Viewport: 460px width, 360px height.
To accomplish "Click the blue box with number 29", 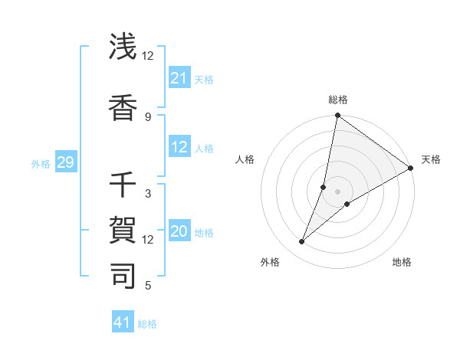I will (65, 162).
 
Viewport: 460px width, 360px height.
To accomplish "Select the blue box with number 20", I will (179, 232).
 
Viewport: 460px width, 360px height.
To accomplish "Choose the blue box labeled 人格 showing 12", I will (179, 148).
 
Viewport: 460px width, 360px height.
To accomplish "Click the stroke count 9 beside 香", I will (148, 116).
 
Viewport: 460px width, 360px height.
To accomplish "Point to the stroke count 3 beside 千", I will (148, 193).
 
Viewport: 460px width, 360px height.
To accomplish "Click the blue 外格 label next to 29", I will (41, 163).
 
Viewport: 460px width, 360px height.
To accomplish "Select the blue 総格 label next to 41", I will (147, 323).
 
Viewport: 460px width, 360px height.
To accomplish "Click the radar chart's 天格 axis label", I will (431, 159).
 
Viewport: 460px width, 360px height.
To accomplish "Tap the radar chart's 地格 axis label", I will (402, 262).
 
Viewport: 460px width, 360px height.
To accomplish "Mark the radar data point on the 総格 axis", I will (337, 116).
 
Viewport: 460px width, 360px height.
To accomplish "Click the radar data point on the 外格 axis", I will (302, 242).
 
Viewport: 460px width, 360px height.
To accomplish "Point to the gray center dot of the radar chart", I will (337, 191).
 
